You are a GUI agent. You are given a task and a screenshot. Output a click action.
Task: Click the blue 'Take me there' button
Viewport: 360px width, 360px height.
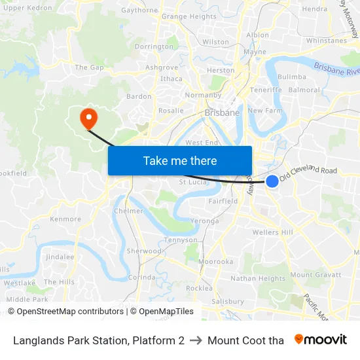179,160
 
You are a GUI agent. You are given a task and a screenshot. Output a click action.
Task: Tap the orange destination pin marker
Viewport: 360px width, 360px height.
87,118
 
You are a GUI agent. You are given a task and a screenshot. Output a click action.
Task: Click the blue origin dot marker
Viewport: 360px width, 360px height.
272,181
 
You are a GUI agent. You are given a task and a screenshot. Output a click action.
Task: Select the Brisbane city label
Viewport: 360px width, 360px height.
222,113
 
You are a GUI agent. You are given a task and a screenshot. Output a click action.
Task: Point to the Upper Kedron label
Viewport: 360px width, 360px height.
27,8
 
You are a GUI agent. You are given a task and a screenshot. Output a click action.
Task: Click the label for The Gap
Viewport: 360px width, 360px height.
90,67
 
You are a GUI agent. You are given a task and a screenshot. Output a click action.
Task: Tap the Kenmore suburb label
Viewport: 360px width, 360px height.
65,219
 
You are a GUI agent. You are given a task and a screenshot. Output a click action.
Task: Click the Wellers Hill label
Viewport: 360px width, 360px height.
272,232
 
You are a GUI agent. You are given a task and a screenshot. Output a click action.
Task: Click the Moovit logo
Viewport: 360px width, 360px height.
320,340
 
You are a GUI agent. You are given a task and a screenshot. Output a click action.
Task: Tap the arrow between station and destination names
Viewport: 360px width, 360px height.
196,340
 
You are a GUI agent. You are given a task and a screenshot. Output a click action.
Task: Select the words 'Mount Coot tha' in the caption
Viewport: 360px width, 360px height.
245,340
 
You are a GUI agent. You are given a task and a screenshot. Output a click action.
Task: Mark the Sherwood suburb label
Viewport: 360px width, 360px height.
144,251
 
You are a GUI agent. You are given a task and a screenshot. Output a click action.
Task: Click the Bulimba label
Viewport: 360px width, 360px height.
291,77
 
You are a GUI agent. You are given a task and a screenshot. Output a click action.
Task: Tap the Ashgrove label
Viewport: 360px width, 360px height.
162,67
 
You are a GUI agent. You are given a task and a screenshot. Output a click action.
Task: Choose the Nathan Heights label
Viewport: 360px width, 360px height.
258,279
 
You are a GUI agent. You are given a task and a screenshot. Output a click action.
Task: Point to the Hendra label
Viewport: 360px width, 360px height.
314,9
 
